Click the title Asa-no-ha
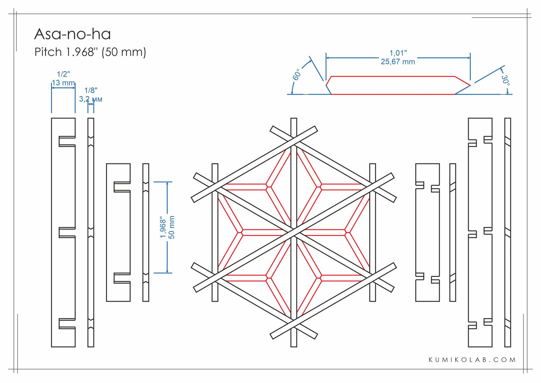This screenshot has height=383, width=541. pyautogui.click(x=72, y=34)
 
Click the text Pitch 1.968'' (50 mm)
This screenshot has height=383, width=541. pyautogui.click(x=90, y=52)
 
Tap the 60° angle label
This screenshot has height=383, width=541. pyautogui.click(x=297, y=74)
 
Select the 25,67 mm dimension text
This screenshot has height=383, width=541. pyautogui.click(x=398, y=62)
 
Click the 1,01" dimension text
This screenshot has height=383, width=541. pyautogui.click(x=398, y=53)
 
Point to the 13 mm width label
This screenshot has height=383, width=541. pyautogui.click(x=63, y=82)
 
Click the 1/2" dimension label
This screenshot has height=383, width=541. pyautogui.click(x=63, y=74)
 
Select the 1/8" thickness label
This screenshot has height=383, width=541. pyautogui.click(x=91, y=90)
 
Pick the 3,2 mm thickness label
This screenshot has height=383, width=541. pyautogui.click(x=91, y=99)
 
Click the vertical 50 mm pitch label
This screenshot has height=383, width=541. pyautogui.click(x=172, y=227)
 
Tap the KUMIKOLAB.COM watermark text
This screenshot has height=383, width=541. pyautogui.click(x=472, y=360)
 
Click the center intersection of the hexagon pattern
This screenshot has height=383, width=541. pyautogui.click(x=294, y=232)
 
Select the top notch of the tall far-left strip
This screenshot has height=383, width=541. pyautogui.click(x=67, y=141)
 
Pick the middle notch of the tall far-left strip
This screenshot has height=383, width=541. pyautogui.click(x=67, y=232)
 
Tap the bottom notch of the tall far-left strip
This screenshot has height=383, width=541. pyautogui.click(x=67, y=323)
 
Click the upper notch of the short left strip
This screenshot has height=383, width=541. pyautogui.click(x=122, y=187)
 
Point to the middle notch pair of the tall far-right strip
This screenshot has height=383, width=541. pyautogui.click(x=480, y=232)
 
